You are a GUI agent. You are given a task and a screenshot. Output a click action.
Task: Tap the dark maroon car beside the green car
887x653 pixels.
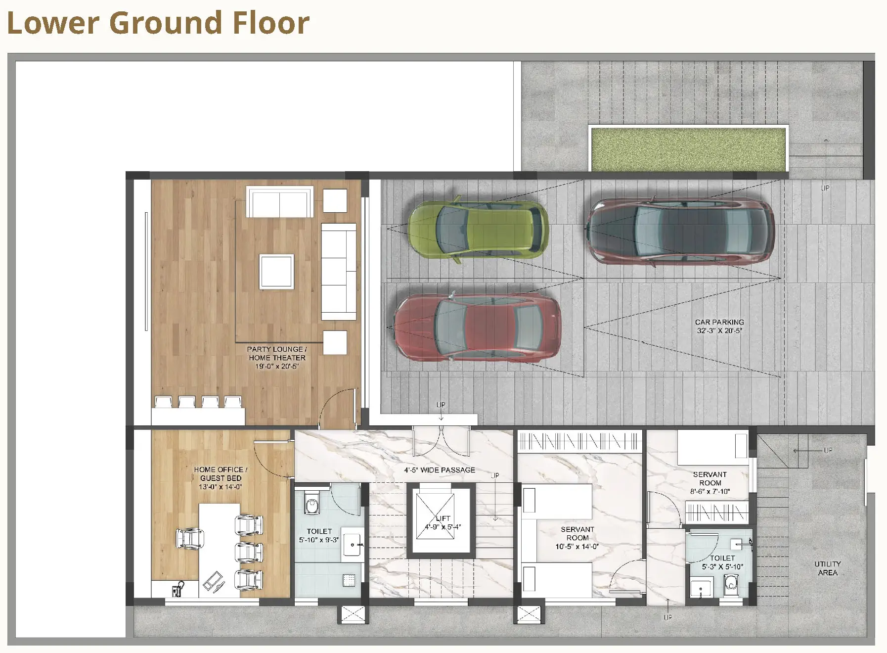680,232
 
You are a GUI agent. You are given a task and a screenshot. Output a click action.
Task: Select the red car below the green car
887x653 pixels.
477,326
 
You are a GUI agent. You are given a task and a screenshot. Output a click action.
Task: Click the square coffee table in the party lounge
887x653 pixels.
277,272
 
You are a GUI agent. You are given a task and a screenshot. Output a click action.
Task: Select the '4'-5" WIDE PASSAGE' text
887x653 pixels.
440,470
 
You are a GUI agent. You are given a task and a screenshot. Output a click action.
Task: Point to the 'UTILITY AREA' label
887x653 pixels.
828,568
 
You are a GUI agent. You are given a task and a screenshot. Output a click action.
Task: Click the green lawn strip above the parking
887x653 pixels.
688,149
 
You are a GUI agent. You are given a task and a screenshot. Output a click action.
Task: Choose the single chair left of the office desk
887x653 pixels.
190,538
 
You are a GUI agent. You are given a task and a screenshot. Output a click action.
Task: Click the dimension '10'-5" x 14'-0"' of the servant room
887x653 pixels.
577,547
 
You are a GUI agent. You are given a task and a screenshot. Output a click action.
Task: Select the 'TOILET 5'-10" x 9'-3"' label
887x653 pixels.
319,535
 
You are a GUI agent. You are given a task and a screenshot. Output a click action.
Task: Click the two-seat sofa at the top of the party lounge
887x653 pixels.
280,202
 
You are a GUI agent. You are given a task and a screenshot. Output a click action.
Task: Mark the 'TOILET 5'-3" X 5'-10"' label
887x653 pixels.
722,562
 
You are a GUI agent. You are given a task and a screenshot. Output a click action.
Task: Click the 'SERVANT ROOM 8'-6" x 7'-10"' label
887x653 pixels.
710,483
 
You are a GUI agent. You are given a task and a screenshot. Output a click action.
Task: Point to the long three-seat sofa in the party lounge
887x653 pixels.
339,272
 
